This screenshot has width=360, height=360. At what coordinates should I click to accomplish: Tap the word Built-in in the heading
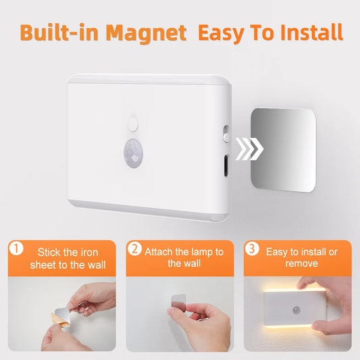coord(54,32)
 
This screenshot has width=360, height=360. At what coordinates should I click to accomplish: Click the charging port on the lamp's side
coord(225,164)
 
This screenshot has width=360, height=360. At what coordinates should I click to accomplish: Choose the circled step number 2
coord(134,249)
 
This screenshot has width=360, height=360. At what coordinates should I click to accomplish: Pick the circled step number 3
coord(253,249)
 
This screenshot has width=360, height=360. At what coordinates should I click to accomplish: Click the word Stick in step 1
coord(51,252)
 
